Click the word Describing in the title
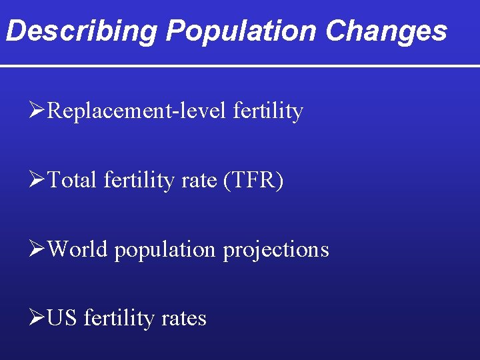81,31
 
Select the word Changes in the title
387,31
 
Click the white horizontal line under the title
240,66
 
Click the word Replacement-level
138,111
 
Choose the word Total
73,180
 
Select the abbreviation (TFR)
253,180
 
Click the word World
78,249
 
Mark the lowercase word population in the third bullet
165,249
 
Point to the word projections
276,249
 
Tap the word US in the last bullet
63,319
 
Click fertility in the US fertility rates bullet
119,319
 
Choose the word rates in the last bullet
183,319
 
